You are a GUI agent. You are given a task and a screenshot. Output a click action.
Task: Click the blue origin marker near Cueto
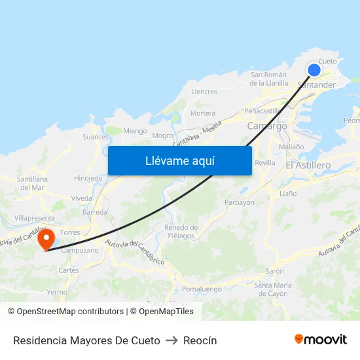314,70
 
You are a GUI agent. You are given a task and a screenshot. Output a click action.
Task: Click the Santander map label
316,85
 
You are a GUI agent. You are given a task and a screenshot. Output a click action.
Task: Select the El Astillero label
308,166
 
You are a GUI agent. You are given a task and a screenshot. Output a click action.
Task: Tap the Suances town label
96,137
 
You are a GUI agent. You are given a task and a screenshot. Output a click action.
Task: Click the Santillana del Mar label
33,183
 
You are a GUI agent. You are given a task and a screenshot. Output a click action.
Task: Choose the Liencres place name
204,92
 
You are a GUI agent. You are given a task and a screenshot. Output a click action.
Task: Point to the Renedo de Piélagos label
181,231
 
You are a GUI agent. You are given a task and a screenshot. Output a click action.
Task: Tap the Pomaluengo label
201,289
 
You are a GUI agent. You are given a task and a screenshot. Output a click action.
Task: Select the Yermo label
57,292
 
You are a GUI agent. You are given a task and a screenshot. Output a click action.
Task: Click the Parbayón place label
240,202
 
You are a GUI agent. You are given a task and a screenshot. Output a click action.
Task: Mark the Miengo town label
135,131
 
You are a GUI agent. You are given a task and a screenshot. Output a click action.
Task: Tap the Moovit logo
321,340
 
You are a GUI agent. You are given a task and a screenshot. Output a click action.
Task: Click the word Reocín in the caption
200,340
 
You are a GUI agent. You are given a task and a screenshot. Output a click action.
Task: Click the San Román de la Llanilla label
269,79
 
